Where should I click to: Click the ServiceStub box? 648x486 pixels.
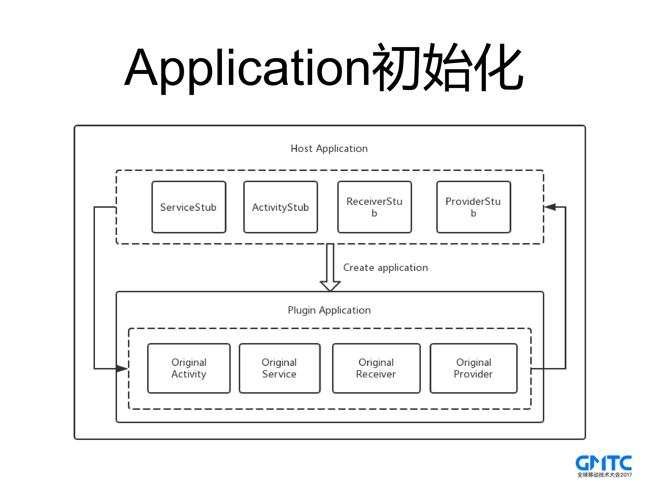click(x=189, y=207)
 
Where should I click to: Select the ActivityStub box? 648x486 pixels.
click(x=280, y=207)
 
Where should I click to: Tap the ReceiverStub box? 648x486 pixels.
click(x=374, y=207)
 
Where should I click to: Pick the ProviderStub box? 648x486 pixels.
click(x=473, y=207)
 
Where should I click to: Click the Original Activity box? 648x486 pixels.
click(x=189, y=368)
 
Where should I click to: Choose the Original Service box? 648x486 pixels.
click(x=279, y=368)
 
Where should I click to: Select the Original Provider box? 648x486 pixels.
click(x=473, y=368)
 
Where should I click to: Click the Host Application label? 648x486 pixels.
click(x=329, y=149)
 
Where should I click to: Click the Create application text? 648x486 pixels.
click(x=385, y=268)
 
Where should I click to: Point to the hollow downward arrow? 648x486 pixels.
click(x=330, y=268)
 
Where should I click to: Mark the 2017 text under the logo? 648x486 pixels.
click(x=626, y=475)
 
